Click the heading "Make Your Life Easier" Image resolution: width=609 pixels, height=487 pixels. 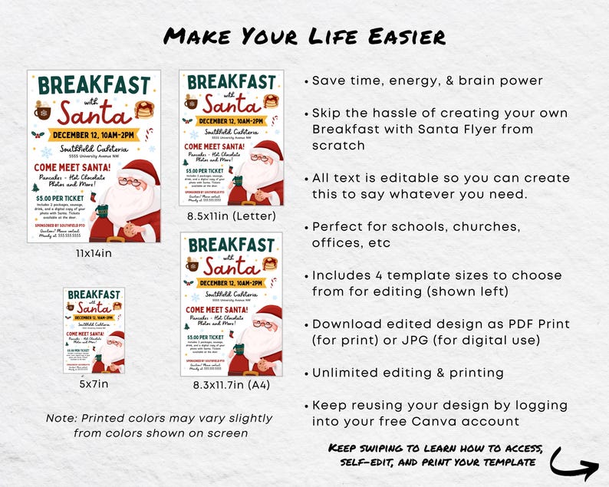304,36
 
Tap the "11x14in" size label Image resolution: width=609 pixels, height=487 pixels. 94,253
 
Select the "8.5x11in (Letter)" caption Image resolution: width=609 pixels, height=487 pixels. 231,216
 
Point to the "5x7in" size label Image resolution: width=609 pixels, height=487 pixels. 94,383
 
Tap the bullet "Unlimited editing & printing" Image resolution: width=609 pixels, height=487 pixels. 407,373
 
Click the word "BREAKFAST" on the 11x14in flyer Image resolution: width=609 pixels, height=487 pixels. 94,86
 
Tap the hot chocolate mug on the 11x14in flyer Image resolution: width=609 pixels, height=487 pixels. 43,111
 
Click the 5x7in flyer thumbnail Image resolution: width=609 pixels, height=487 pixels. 94,331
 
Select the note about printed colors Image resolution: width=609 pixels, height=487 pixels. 160,426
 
